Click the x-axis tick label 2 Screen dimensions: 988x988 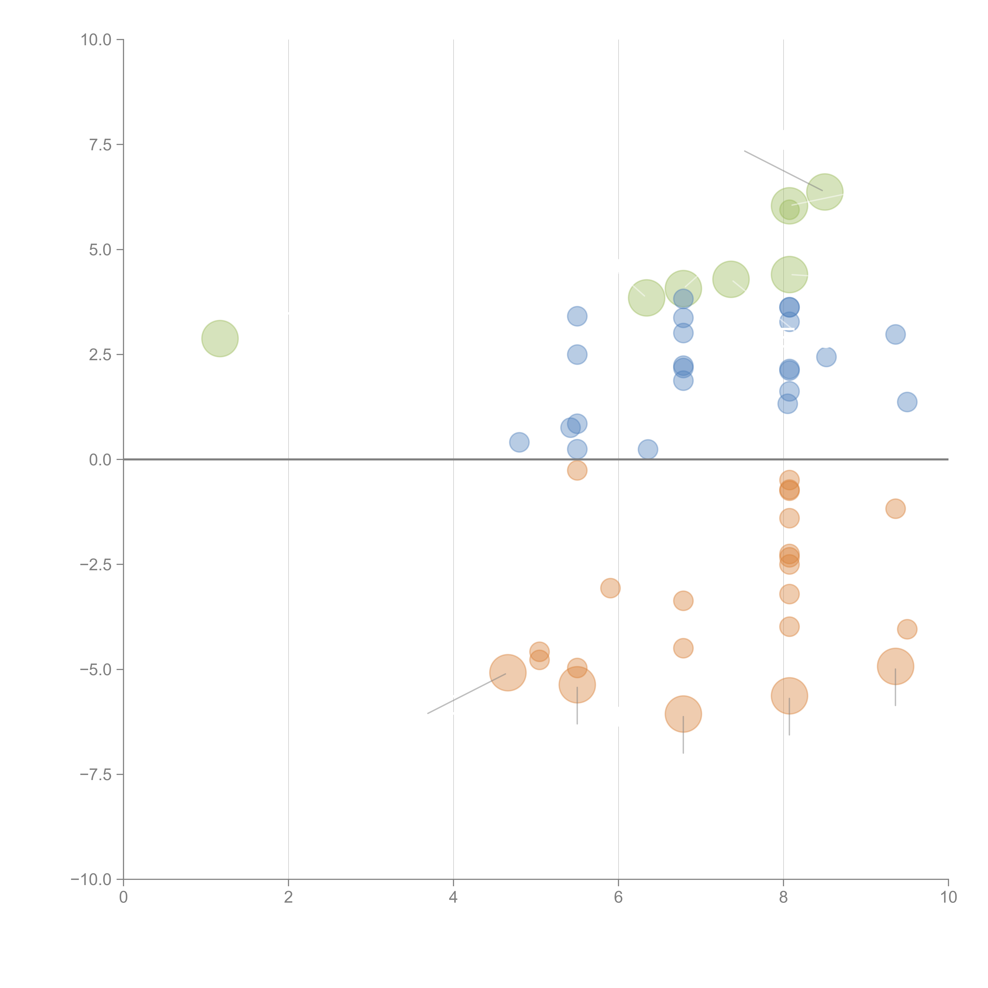(288, 897)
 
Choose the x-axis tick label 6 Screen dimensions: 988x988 (618, 897)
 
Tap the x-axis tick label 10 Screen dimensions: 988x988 (948, 897)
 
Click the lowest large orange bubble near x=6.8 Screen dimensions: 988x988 (683, 714)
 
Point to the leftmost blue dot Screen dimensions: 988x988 (519, 442)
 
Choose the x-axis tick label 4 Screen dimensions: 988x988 (453, 897)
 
